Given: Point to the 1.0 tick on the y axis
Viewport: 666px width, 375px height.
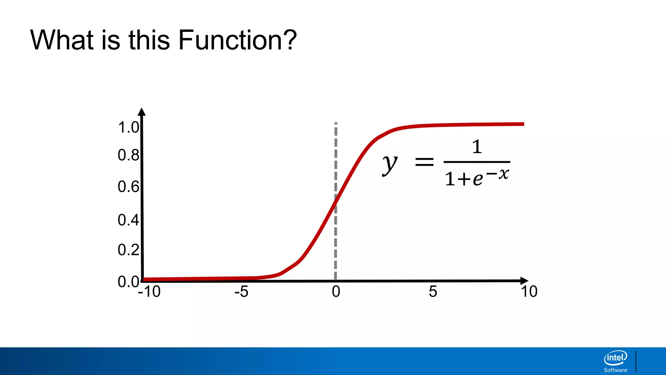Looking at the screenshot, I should click(128, 127).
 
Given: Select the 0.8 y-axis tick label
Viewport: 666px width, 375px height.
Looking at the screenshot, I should click(128, 155).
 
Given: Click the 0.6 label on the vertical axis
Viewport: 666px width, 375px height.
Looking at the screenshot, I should click(128, 187).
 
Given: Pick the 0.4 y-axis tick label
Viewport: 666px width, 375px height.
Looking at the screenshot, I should click(128, 220).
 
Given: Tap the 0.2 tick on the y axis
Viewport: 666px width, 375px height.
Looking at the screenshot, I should click(128, 250).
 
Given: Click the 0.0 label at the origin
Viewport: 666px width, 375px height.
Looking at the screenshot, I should click(128, 282).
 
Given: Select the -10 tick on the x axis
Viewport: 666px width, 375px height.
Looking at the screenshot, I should click(149, 291).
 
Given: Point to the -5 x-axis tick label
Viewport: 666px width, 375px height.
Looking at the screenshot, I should click(241, 291).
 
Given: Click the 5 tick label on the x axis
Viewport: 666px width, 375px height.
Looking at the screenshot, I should click(433, 291).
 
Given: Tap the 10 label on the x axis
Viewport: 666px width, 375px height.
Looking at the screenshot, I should click(529, 291).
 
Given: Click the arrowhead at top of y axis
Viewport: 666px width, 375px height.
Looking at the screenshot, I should click(141, 112).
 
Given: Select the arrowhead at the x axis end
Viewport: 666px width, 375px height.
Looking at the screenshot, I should click(524, 281).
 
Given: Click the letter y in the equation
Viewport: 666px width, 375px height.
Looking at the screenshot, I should click(390, 164).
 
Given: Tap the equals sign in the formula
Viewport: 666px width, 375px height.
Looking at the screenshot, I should click(424, 162).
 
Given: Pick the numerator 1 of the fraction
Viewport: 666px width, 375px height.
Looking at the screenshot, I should click(477, 147).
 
